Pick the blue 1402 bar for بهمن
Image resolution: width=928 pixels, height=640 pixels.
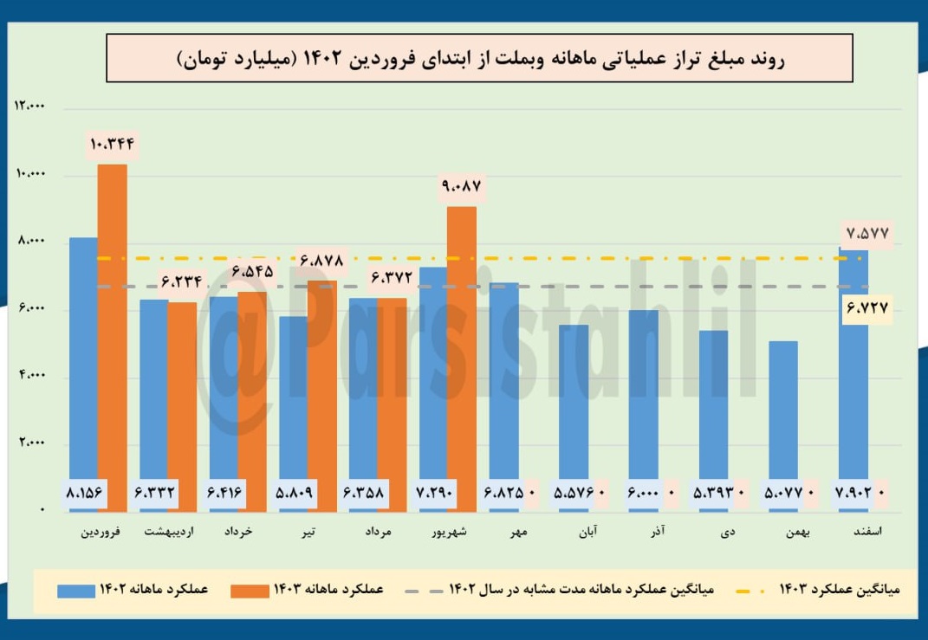pos(783,416)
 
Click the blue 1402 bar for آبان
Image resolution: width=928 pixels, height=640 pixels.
pos(574,407)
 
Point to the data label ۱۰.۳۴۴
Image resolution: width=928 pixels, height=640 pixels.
pos(111,144)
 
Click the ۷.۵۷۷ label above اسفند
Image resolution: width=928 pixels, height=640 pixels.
pos(866,233)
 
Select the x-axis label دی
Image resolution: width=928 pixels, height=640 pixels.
pos(728,533)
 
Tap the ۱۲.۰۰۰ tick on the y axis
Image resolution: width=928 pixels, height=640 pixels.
pos(30,107)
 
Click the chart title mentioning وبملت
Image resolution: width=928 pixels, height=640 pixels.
pos(479,59)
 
